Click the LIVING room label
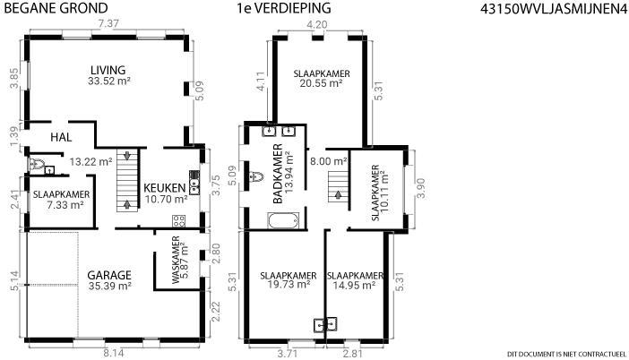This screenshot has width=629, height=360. [108, 70]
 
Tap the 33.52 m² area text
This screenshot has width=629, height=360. [109, 81]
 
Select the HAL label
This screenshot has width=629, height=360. [61, 138]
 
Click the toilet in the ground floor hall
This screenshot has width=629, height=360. [37, 164]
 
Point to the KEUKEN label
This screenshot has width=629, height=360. [165, 188]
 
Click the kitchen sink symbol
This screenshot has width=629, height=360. [194, 183]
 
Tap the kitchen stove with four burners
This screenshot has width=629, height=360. [178, 221]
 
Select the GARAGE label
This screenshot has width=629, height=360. [109, 276]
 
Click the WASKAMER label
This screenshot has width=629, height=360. [176, 261]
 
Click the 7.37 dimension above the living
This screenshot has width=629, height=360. [108, 24]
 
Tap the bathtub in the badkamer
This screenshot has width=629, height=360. [283, 220]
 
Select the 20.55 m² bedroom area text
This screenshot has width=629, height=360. [321, 83]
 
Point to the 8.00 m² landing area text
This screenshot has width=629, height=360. [329, 161]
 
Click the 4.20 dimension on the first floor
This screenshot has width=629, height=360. [317, 25]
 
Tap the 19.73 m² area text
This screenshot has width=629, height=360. [289, 284]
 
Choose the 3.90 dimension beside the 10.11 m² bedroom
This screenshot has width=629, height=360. [421, 188]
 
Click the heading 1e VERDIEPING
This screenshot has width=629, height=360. [284, 8]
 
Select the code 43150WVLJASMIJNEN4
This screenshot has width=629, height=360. [554, 9]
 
